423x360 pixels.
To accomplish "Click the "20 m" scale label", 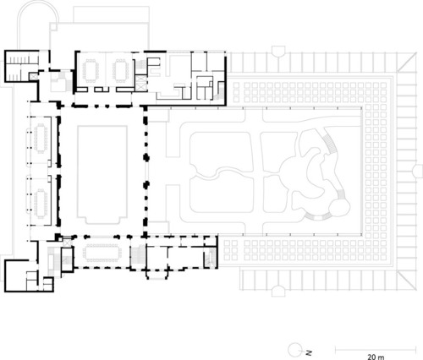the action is click(x=376, y=357).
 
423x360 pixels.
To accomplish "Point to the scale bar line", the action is click(x=376, y=350).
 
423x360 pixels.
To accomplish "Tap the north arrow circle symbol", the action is click(x=295, y=350).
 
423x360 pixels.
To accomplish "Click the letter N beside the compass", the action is click(x=309, y=352).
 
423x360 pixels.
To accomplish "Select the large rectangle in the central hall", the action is click(x=102, y=175).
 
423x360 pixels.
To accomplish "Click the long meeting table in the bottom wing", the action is click(x=102, y=253).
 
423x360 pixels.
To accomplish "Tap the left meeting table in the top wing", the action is click(x=91, y=70).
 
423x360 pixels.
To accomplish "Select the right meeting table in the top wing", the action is click(x=121, y=70).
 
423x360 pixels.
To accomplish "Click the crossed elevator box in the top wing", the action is click(x=141, y=83).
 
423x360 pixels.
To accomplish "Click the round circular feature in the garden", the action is click(x=339, y=208).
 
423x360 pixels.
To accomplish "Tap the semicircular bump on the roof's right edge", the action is click(x=418, y=172).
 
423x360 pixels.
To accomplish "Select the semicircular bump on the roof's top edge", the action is click(x=278, y=51).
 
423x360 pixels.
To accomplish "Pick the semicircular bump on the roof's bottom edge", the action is click(x=278, y=291).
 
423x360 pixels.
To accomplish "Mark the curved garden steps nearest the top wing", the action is click(x=330, y=144).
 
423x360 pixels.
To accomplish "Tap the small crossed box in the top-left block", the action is click(x=33, y=77).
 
